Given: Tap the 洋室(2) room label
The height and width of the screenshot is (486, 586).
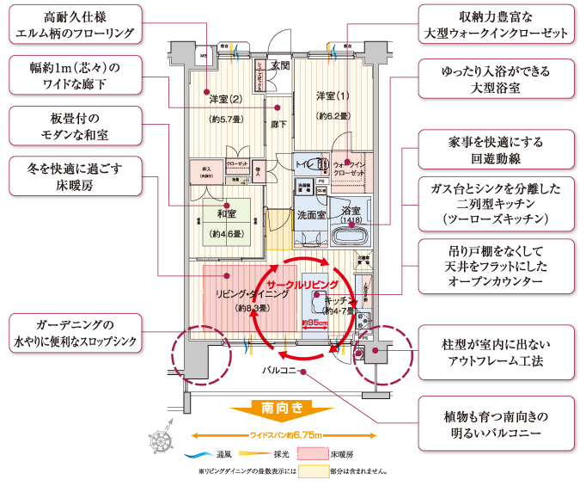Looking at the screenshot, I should point(226,99).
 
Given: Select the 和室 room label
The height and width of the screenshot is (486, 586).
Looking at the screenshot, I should point(227,214).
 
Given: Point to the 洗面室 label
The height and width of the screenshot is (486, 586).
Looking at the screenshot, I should point(310,214).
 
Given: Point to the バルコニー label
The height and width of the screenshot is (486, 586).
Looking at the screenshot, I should point(280,371).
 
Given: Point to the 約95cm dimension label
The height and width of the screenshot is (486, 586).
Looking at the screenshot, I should point(314,323).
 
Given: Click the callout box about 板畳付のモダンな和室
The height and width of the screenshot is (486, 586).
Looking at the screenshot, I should point(73,127).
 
